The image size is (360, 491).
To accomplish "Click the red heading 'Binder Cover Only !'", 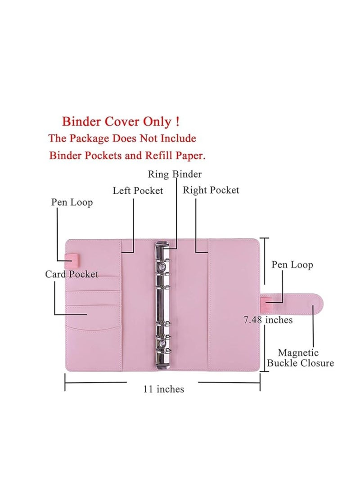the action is pos(121,121).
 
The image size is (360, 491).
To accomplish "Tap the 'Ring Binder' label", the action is pos(175,174).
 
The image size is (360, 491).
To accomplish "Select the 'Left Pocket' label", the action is pos(138,191).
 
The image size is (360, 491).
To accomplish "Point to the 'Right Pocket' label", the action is pos(211,190).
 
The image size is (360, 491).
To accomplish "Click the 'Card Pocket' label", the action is pos(72,274).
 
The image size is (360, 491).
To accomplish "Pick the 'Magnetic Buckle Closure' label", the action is pos(300,358).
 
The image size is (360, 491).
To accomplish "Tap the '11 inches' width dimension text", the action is pos(163,389).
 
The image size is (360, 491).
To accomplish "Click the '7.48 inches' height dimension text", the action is pos(268,320).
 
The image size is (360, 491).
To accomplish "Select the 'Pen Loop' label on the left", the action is pos(72,202).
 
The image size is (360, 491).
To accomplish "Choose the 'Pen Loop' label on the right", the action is pos(292,265).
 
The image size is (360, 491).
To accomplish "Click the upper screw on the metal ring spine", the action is pos(162,267).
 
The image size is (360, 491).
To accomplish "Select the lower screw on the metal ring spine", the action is pos(162,344).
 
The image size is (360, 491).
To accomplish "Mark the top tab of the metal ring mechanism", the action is pos(162,245).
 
